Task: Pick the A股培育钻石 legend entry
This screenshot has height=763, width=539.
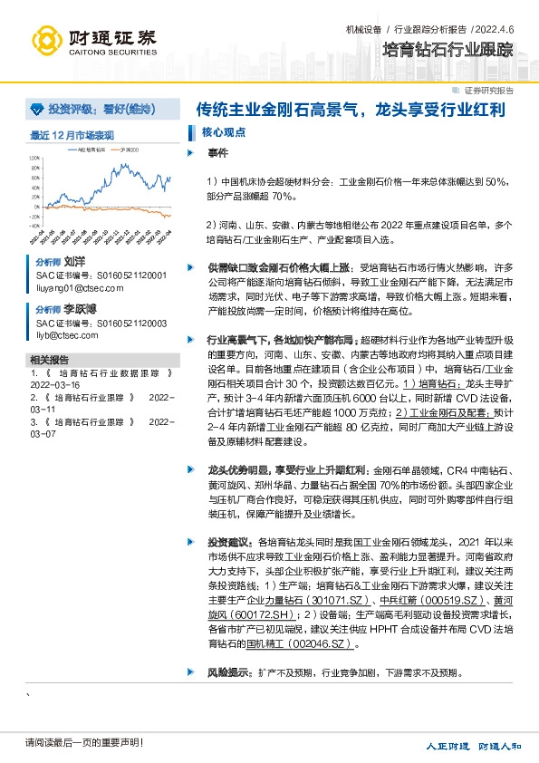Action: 91,147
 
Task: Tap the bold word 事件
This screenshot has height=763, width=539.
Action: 217,152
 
